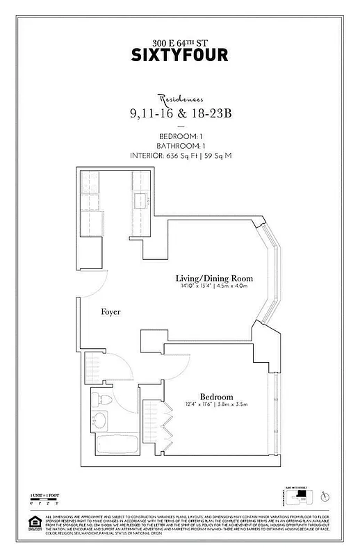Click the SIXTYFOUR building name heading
click(180, 56)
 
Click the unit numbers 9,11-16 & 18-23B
click(180, 114)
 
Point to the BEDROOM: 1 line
click(180, 136)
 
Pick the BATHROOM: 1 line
click(180, 145)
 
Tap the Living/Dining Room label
click(213, 278)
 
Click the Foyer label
click(111, 312)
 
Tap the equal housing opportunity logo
click(31, 521)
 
